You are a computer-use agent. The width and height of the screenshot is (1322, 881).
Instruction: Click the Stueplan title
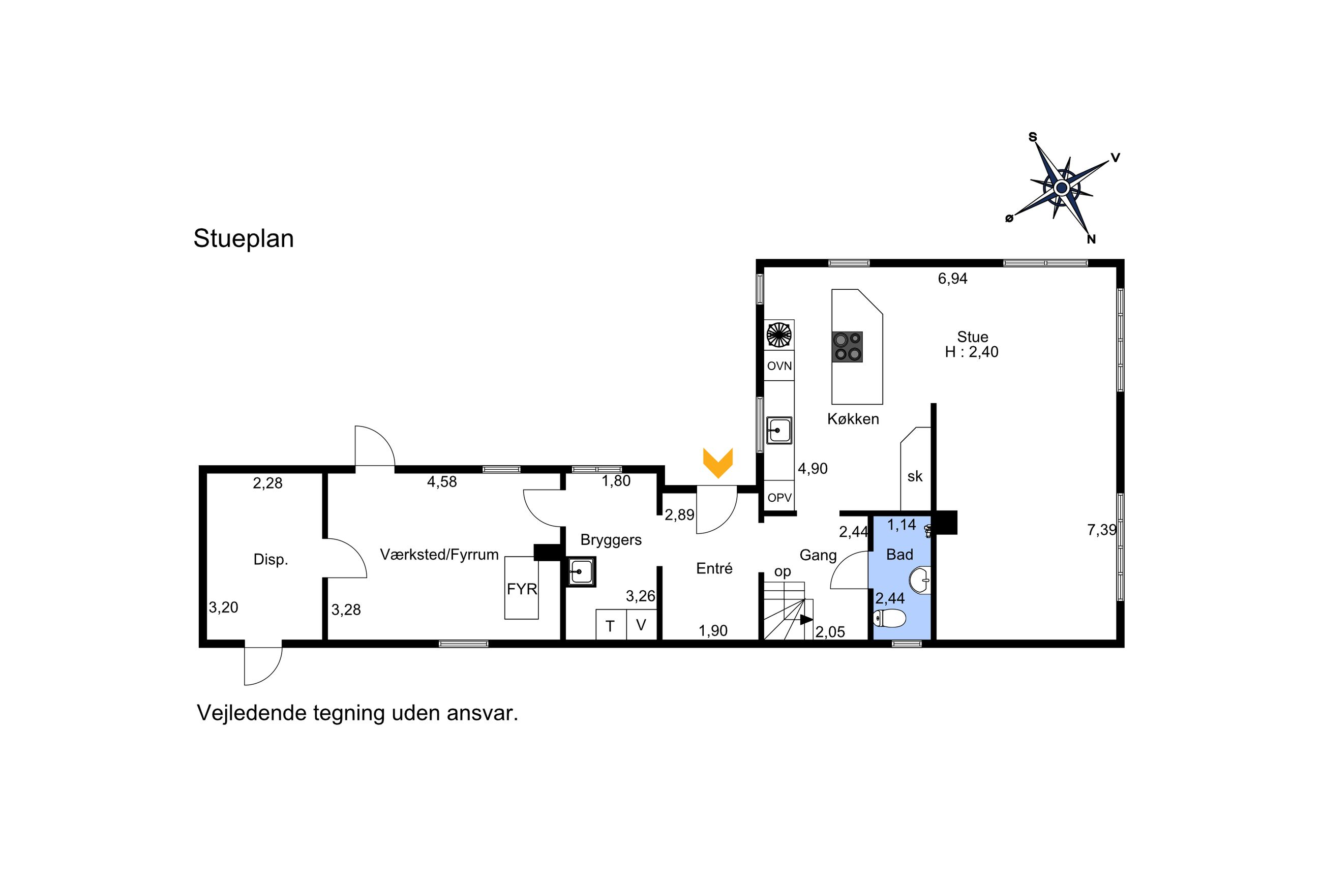243,239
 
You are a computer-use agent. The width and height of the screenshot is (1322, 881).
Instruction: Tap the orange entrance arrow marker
717,463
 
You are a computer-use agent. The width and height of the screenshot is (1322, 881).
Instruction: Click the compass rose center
1061,188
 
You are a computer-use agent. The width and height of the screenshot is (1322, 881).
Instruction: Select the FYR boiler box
521,588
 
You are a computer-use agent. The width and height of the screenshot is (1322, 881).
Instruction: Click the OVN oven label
779,367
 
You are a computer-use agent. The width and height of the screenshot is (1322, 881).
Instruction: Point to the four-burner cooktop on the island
847,347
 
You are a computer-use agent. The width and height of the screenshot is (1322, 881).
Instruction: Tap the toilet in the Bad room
889,619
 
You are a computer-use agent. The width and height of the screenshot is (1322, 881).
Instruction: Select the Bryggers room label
611,540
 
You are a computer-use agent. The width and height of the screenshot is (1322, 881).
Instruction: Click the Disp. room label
271,560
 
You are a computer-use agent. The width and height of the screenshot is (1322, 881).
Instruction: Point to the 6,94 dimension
952,279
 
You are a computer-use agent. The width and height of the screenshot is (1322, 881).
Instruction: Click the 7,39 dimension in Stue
1102,530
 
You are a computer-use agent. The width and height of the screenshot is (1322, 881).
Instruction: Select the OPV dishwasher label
779,498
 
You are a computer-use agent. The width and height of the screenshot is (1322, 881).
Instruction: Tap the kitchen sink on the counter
778,431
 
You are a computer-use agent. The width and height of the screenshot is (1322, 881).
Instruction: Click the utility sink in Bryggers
580,571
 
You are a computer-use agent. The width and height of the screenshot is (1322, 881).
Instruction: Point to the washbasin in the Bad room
920,581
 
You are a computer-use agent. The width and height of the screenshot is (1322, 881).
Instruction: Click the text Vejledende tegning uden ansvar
357,713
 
